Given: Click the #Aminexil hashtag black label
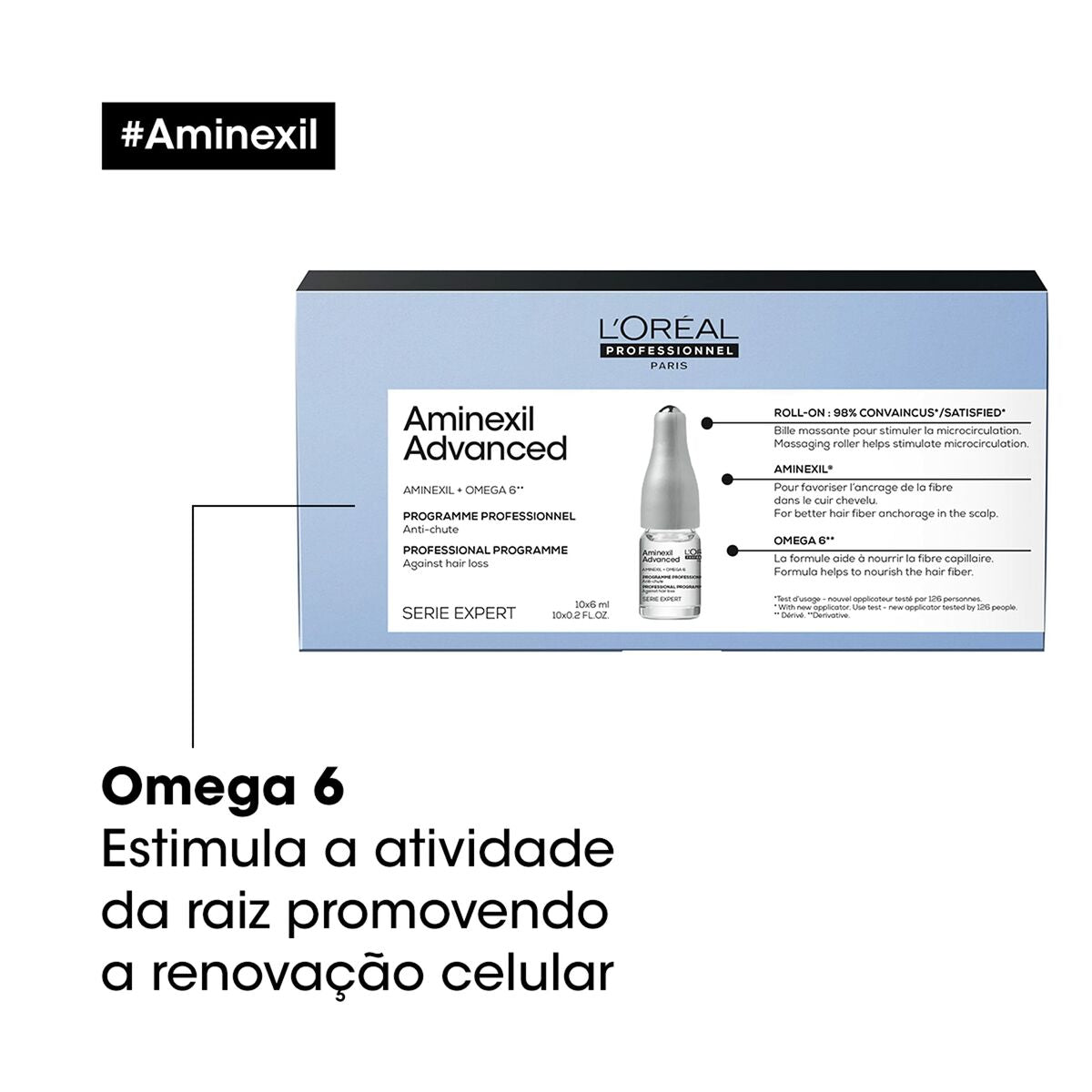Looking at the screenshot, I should coord(218,136).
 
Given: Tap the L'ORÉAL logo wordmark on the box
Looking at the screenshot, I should coord(669,329).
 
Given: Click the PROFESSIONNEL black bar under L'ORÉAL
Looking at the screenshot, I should coord(669,351).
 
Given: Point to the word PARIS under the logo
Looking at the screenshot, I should coord(669,366).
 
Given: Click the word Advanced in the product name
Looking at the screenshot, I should coord(485,449).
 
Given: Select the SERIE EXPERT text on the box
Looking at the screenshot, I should coord(459,613).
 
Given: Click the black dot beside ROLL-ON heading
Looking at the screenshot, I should coord(707,422).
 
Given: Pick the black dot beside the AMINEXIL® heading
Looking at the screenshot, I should coord(727,479).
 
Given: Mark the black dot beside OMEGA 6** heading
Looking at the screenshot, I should coord(733,550).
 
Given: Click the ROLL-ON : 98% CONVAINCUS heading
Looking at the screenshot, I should coord(889,413).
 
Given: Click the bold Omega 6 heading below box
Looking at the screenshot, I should coord(223,787).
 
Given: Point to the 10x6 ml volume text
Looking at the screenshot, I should coord(591,604).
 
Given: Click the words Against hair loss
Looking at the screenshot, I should coord(446,563).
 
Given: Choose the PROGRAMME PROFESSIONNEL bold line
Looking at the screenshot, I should coord(489,516).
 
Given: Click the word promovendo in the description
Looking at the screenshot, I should coord(448,912).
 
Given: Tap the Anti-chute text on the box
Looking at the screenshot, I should coord(430,530).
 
